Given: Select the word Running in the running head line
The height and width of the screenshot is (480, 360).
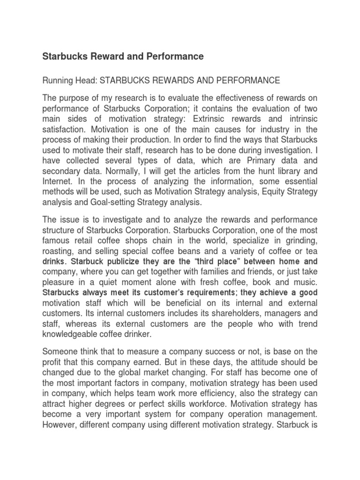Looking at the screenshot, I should click(x=58, y=81).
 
